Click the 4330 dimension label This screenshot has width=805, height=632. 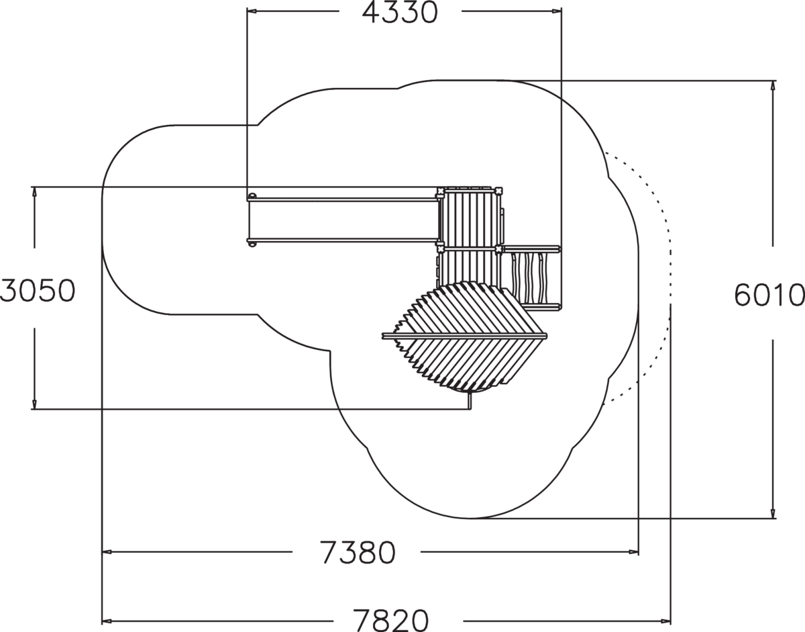tap(400, 13)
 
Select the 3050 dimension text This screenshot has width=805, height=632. tap(38, 290)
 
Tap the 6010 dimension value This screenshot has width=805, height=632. tap(769, 295)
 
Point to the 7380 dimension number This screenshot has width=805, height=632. tap(358, 553)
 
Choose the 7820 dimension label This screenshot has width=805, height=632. tap(390, 620)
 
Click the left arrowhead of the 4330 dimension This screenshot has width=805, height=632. tap(252, 11)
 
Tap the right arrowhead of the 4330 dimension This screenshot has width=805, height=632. tap(556, 11)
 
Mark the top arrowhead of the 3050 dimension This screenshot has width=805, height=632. tap(34, 192)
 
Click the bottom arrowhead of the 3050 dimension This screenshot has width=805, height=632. tap(34, 404)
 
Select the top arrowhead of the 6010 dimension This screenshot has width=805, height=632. tap(772, 86)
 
